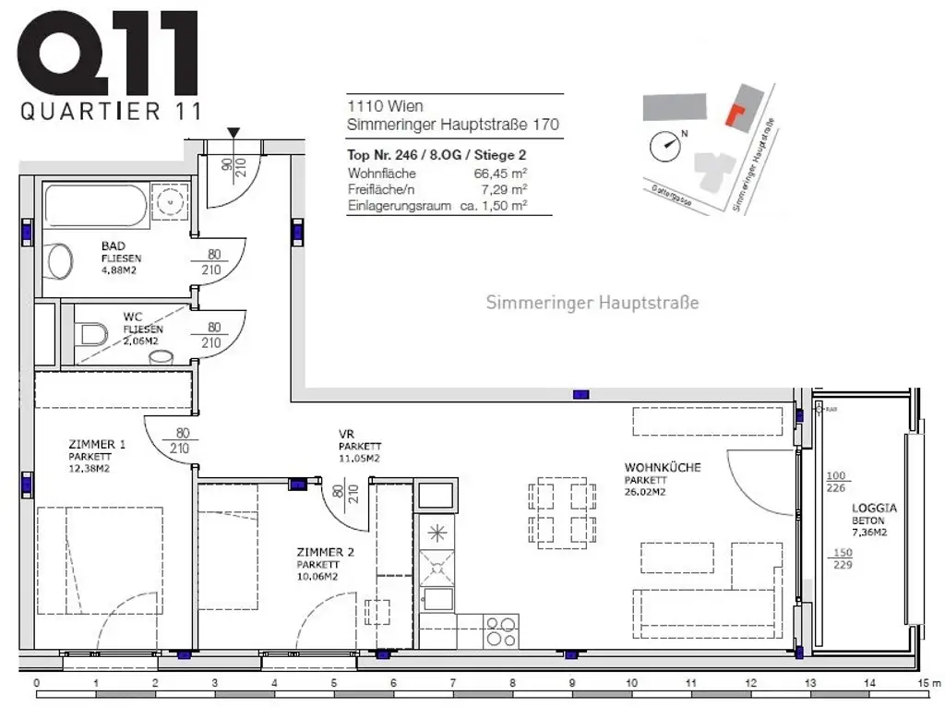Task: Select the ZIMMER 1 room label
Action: pyautogui.click(x=97, y=444)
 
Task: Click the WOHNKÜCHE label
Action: pyautogui.click(x=662, y=468)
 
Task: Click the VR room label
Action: pyautogui.click(x=347, y=434)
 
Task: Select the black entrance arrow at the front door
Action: pyautogui.click(x=234, y=135)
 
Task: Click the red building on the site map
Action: pyautogui.click(x=735, y=114)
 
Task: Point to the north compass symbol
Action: pyautogui.click(x=664, y=144)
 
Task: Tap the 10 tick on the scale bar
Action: pyautogui.click(x=631, y=683)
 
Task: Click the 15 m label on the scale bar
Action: pyautogui.click(x=927, y=683)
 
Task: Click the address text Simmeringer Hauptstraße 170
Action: pyautogui.click(x=453, y=125)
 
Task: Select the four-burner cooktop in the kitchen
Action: pyautogui.click(x=502, y=630)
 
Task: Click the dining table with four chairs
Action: pyautogui.click(x=560, y=512)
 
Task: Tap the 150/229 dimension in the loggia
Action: pyautogui.click(x=842, y=559)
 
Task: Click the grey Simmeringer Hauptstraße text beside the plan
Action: pyautogui.click(x=592, y=303)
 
